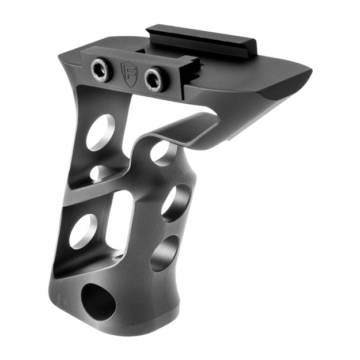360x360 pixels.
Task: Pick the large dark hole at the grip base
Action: [x=98, y=299]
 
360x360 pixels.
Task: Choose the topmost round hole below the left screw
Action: [x=101, y=132]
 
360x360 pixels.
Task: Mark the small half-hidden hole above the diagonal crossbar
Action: [x=101, y=172]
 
